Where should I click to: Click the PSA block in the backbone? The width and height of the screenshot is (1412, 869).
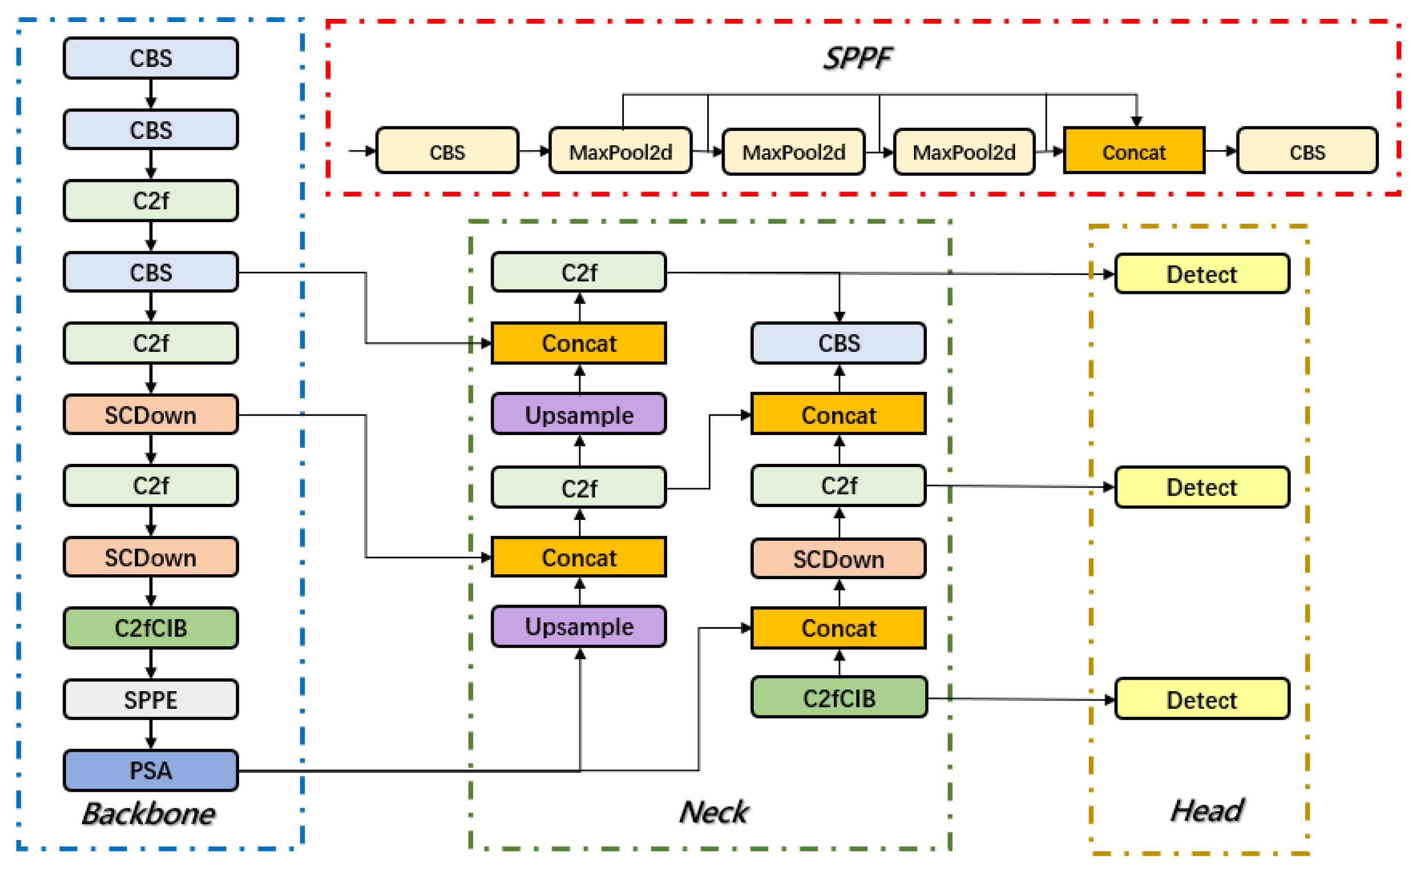click(x=151, y=770)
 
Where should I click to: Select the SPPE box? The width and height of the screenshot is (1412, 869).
click(x=151, y=700)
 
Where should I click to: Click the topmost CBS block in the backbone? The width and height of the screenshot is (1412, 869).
click(x=151, y=58)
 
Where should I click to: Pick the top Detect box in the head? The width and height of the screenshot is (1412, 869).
click(x=1201, y=274)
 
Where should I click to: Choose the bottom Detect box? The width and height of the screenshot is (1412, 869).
click(x=1201, y=700)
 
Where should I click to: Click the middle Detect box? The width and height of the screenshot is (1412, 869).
click(x=1201, y=487)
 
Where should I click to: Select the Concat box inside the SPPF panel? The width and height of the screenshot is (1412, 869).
click(x=1134, y=152)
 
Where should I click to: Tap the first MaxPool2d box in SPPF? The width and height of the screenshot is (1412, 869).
click(x=621, y=152)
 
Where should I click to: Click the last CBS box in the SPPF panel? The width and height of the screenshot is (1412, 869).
click(x=1307, y=152)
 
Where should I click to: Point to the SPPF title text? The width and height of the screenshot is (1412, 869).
click(x=857, y=58)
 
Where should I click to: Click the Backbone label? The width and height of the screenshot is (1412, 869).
click(x=149, y=813)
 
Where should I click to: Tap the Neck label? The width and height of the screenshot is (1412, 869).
click(x=714, y=812)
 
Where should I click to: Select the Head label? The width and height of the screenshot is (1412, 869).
click(x=1206, y=810)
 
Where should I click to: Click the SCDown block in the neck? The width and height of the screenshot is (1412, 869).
click(x=839, y=559)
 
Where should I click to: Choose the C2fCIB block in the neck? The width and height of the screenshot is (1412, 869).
click(x=839, y=698)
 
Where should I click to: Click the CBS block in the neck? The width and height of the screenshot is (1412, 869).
click(x=839, y=343)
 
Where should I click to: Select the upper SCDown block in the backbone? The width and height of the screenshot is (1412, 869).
click(x=151, y=414)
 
